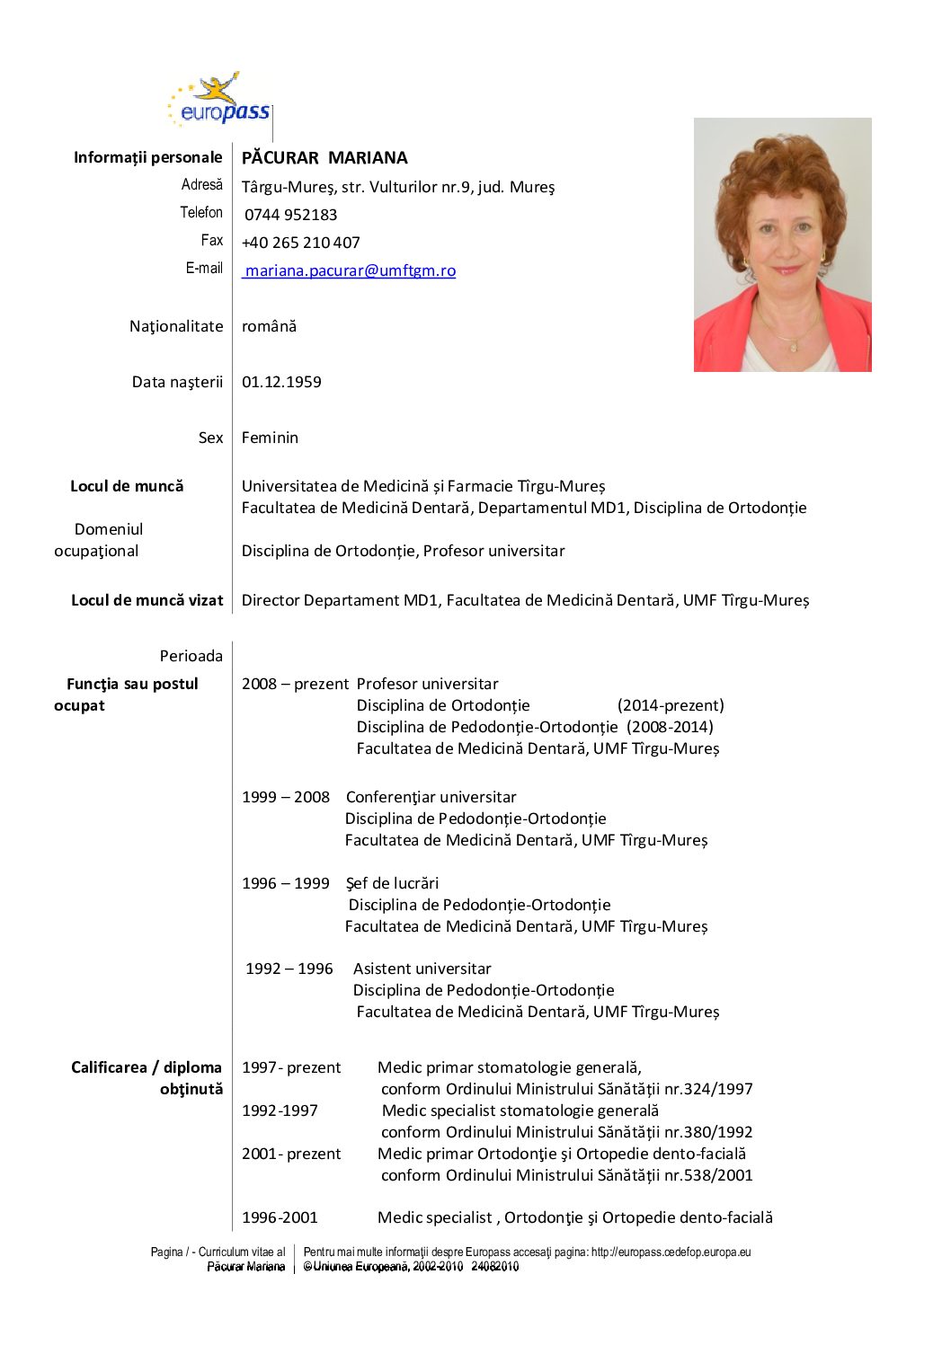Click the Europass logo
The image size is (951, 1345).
coord(218,100)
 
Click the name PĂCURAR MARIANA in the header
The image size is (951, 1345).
coord(324,158)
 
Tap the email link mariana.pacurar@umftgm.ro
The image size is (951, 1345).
coord(350,270)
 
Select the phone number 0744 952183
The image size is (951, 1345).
coord(290,215)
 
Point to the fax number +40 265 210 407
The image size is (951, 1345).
coord(301,243)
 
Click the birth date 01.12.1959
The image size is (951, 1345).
coord(281,382)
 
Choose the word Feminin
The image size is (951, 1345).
coord(270,438)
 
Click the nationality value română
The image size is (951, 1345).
coord(269,326)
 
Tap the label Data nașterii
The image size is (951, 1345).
coord(177,382)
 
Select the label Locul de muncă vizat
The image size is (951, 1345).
coord(147,600)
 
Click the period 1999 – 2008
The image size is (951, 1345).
coord(286,797)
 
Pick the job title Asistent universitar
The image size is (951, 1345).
coord(422,969)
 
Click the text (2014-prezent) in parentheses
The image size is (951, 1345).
coord(671,705)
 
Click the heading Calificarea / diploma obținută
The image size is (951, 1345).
coord(147,1078)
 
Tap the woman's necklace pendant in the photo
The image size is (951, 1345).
coord(792,346)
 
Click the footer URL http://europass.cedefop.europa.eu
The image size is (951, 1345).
coord(671,1252)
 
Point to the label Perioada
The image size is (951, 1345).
coord(191,656)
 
